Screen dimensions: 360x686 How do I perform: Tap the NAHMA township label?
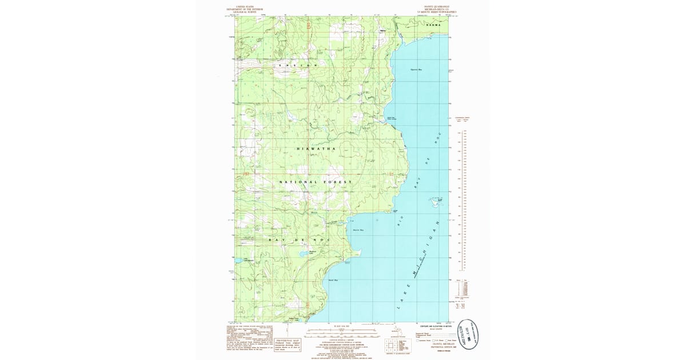[x=434, y=26]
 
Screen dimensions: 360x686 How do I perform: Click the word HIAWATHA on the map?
[x=316, y=149]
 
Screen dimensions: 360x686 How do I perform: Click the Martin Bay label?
[x=359, y=230]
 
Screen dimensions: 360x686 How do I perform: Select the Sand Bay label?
[x=333, y=281]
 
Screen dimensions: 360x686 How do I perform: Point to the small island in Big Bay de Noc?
[x=434, y=201]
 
